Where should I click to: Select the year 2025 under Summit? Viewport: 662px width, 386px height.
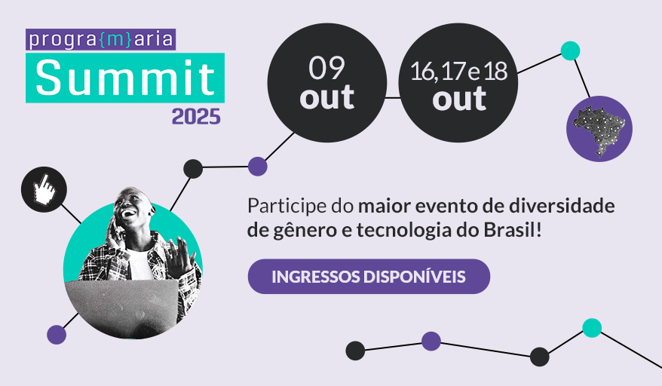[196, 117]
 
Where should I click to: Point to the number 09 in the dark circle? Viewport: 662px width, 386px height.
[326, 69]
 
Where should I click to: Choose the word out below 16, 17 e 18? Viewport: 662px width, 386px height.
[459, 99]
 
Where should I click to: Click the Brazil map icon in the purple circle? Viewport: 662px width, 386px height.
[599, 129]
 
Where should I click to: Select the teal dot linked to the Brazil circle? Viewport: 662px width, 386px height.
[571, 51]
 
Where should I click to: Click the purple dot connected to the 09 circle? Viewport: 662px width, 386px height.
[258, 166]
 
